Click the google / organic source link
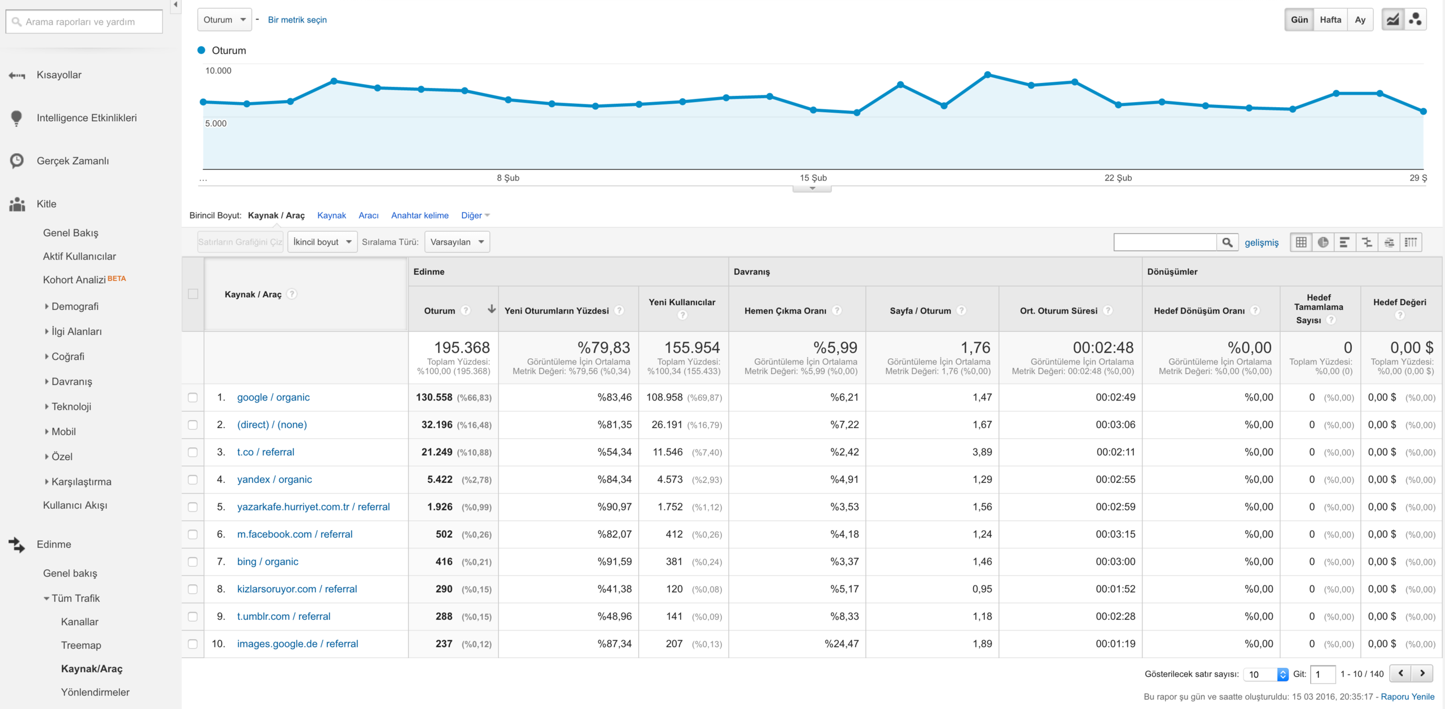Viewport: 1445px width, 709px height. click(x=273, y=397)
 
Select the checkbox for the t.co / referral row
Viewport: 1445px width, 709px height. click(x=193, y=452)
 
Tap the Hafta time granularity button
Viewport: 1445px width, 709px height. click(x=1330, y=20)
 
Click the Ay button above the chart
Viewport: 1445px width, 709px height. click(x=1360, y=20)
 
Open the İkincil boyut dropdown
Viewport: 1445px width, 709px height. click(x=322, y=242)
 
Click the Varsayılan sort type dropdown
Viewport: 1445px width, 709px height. click(x=457, y=242)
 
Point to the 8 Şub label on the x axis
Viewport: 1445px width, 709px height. click(x=508, y=178)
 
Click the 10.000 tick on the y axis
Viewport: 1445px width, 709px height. click(x=218, y=71)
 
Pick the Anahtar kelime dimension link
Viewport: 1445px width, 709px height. click(x=420, y=215)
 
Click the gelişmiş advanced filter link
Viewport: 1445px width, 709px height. click(x=1262, y=243)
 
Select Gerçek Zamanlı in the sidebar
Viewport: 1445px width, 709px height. click(x=73, y=161)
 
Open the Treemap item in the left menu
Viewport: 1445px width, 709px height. click(x=81, y=645)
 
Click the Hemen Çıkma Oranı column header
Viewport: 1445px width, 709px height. click(x=785, y=311)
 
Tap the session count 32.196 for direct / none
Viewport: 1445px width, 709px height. click(x=437, y=425)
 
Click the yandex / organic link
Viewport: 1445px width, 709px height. click(x=274, y=479)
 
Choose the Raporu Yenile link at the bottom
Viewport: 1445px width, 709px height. click(x=1408, y=697)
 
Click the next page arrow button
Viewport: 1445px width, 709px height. click(x=1422, y=673)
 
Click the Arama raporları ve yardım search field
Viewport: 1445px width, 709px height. click(x=84, y=22)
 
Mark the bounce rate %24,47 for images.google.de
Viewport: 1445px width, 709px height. click(x=842, y=644)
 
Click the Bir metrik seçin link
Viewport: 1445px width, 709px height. click(x=297, y=20)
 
